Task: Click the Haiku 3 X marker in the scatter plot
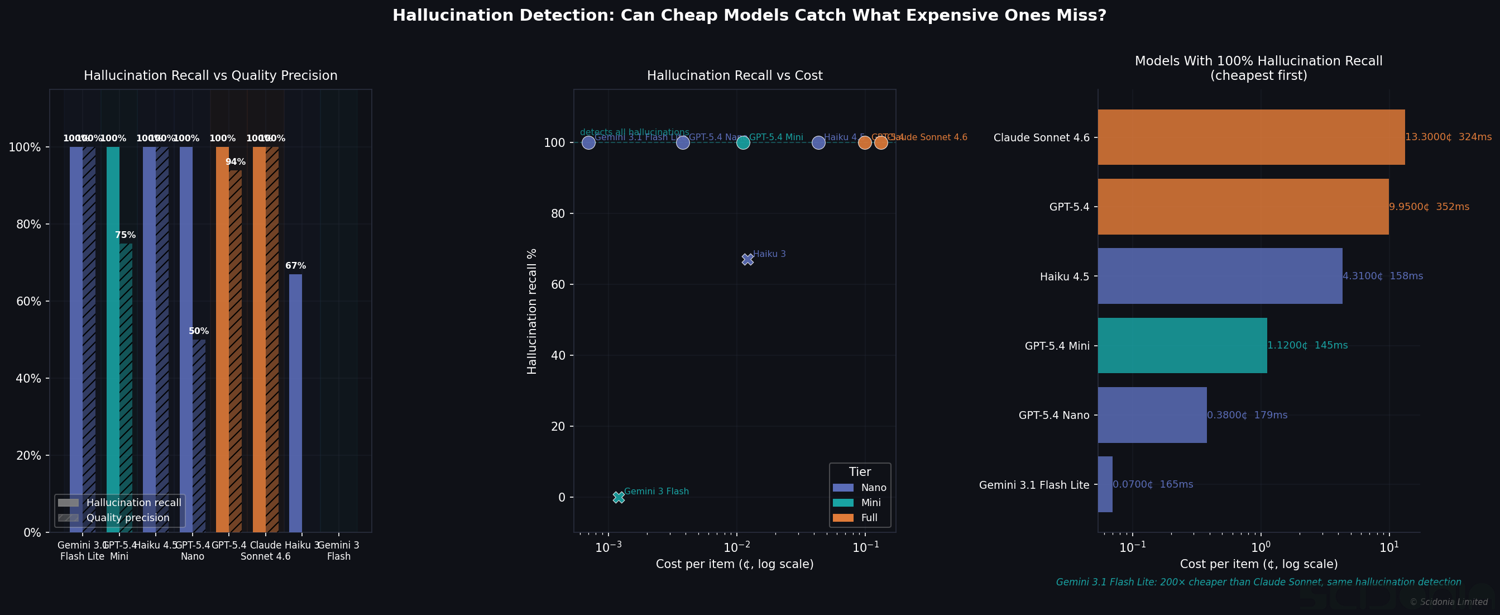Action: (x=747, y=260)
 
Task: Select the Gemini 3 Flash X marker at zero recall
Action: (x=619, y=497)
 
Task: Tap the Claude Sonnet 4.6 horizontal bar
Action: (x=1251, y=137)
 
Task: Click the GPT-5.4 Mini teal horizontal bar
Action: (x=1182, y=345)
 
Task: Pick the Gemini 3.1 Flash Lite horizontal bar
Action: (x=1105, y=484)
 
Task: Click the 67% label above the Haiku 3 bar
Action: (x=295, y=266)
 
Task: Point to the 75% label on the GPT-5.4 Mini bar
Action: (x=125, y=235)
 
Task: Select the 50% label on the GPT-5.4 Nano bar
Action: (x=199, y=331)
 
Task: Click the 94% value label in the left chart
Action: (x=235, y=162)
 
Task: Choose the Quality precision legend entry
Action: (x=127, y=518)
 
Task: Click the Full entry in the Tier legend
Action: (x=869, y=518)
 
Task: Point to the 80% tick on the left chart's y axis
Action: (x=28, y=224)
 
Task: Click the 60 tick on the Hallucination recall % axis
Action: (x=558, y=285)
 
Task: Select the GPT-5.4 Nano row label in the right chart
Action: (x=1053, y=415)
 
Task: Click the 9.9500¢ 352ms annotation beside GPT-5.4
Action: (x=1429, y=207)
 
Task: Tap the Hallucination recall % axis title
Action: (x=531, y=311)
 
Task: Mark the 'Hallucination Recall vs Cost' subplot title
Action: (x=734, y=76)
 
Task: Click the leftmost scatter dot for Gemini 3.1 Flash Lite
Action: (x=589, y=142)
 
